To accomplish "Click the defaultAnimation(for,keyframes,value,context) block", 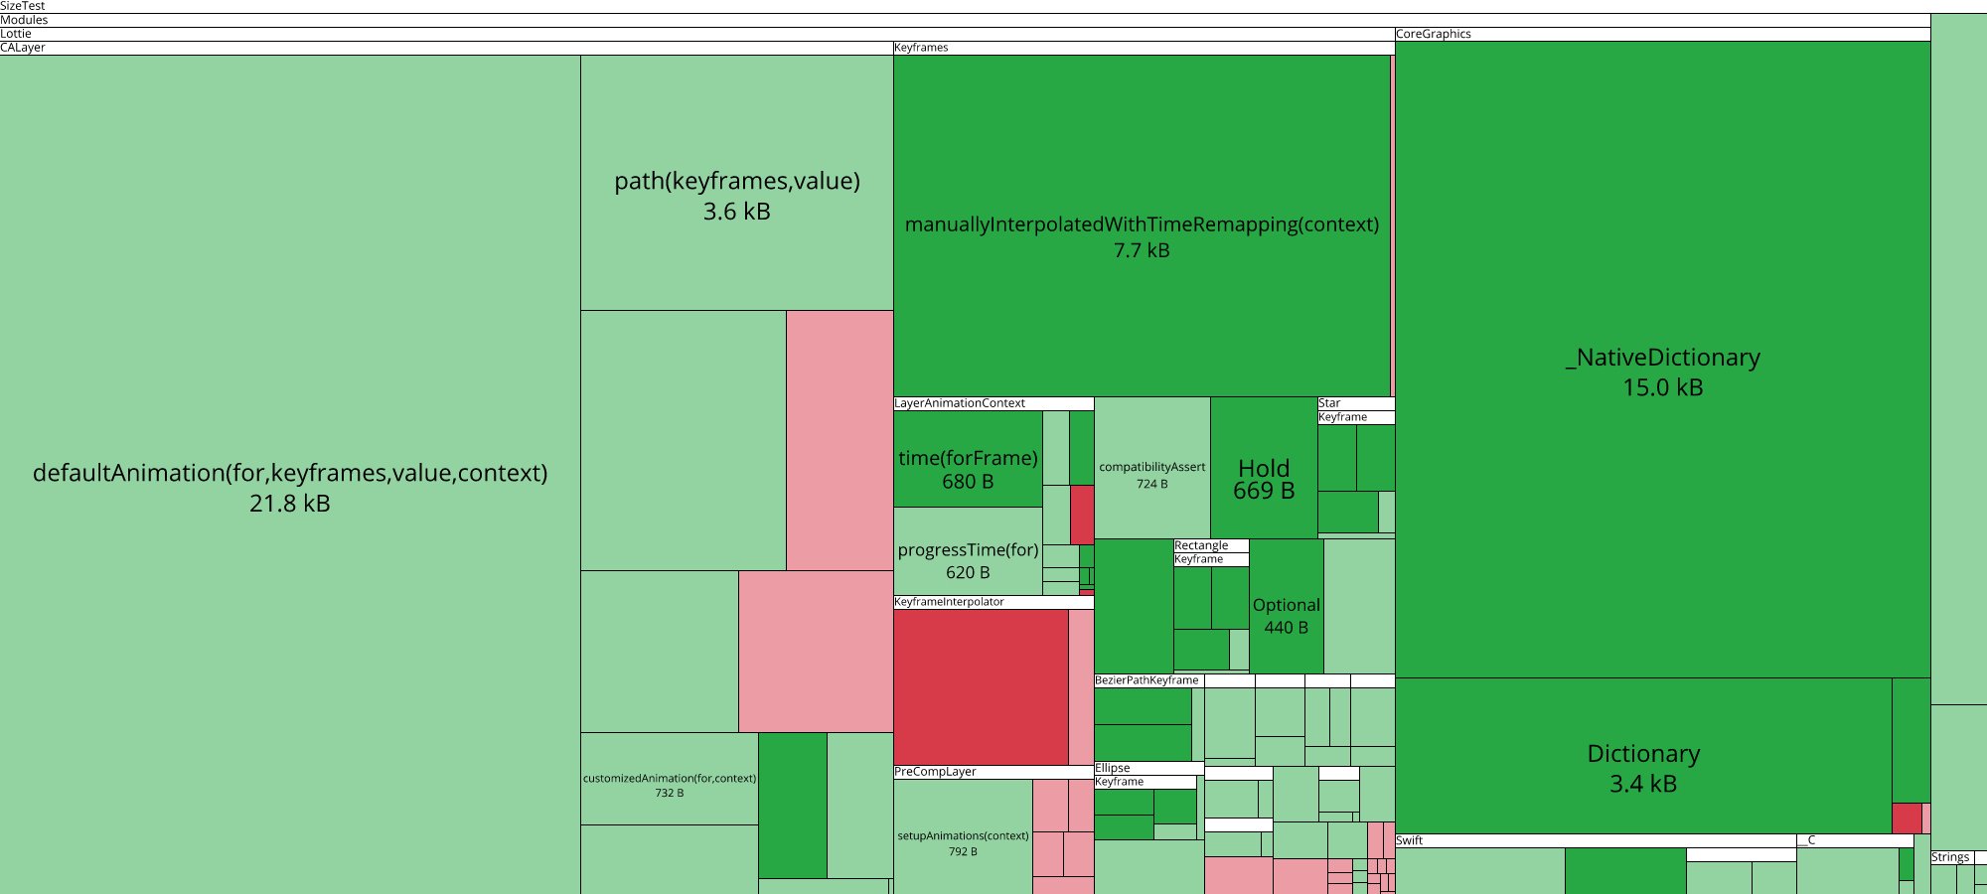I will (290, 487).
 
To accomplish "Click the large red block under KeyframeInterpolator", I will (981, 686).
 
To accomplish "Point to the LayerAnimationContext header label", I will (960, 403).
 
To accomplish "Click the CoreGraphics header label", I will (1434, 34).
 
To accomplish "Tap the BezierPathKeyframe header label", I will (1146, 680).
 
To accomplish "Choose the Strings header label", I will (1950, 857).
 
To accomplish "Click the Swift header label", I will (1409, 840).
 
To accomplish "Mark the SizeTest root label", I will (23, 6).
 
